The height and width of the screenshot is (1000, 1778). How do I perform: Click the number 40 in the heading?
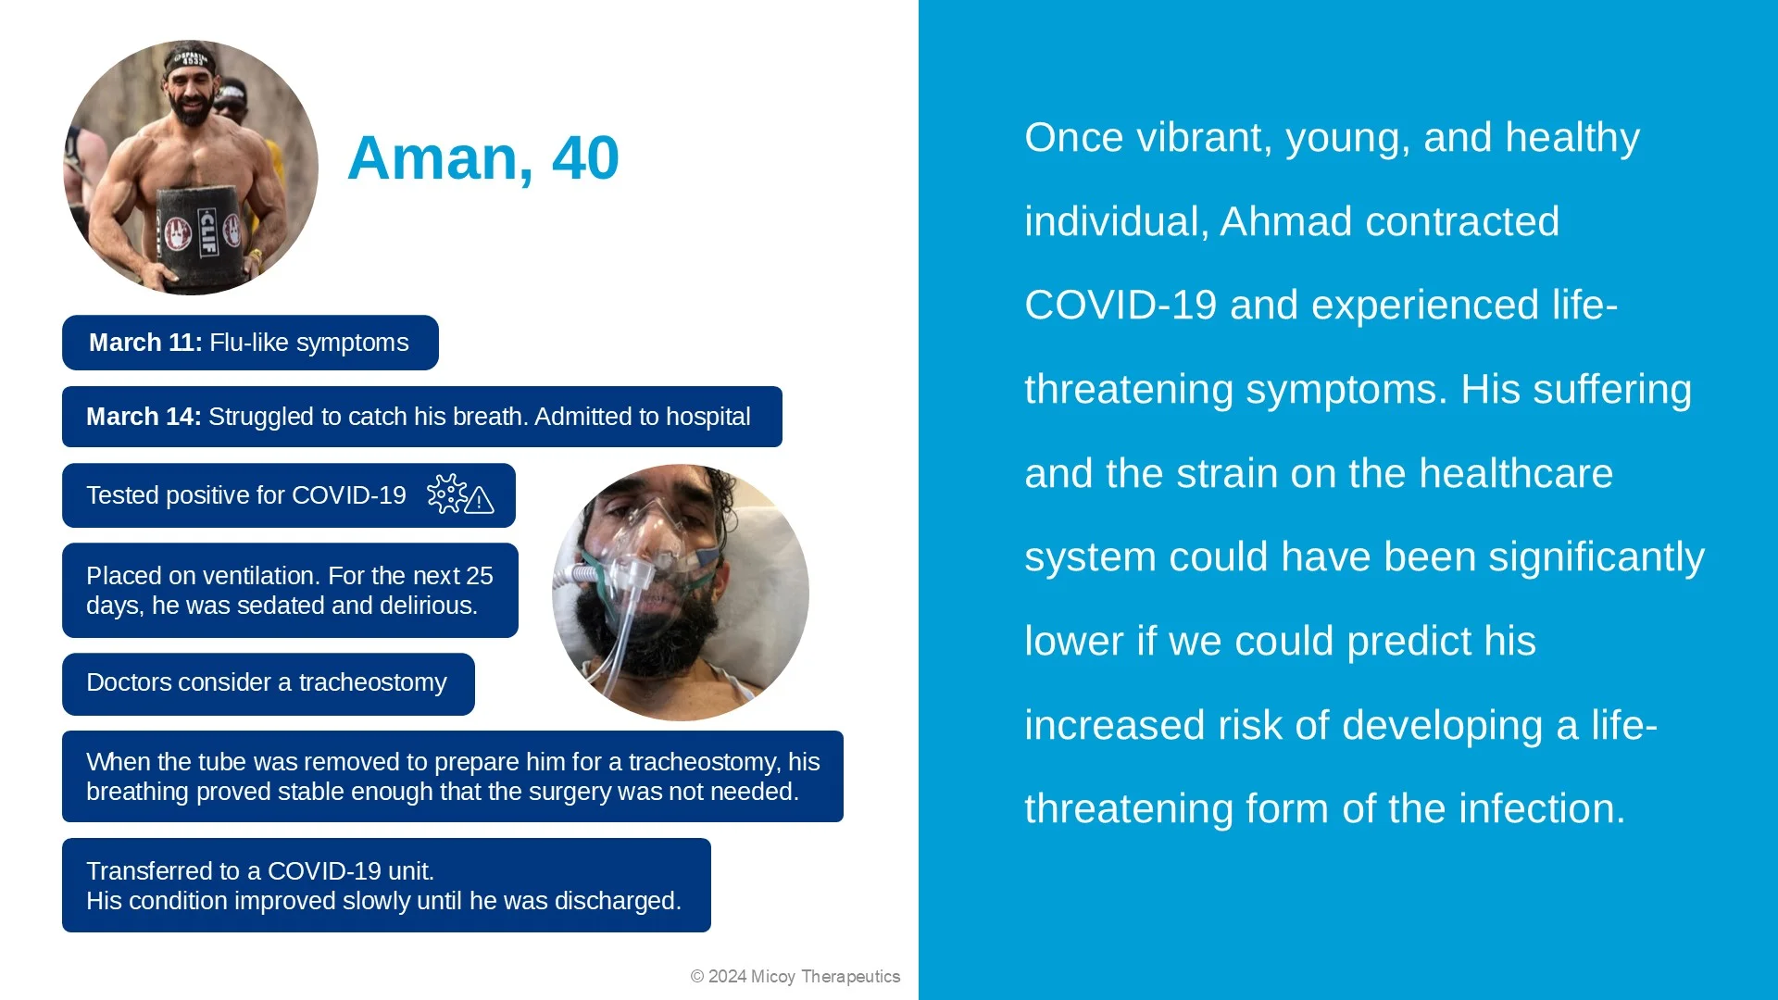coord(584,158)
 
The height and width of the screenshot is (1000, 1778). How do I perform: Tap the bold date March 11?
coord(144,343)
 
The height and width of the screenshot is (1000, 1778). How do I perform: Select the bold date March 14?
coord(143,417)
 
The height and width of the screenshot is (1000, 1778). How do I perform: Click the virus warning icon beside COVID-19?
coord(459,494)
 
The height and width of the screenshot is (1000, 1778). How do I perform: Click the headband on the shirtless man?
coord(191,62)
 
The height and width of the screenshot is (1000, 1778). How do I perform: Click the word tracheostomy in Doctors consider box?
coord(372,682)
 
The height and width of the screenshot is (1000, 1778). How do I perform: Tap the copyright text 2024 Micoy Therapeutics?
coord(795,977)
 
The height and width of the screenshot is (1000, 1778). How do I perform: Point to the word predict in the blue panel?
coord(1408,642)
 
